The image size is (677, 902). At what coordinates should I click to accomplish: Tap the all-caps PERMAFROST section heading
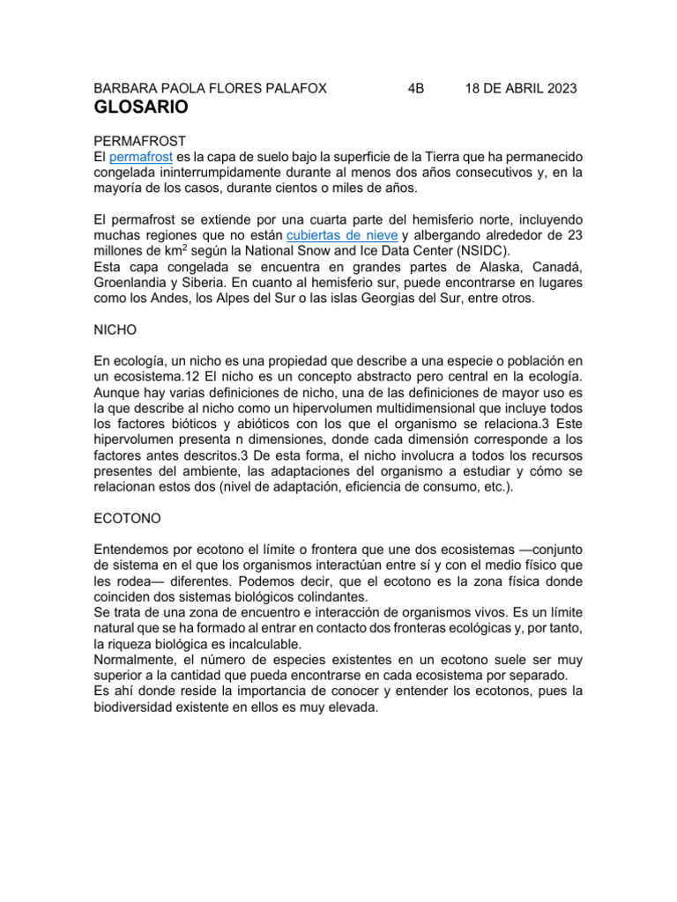(139, 141)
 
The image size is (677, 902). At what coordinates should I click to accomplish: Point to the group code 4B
(416, 89)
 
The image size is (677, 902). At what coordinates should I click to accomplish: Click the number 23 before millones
(573, 236)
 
